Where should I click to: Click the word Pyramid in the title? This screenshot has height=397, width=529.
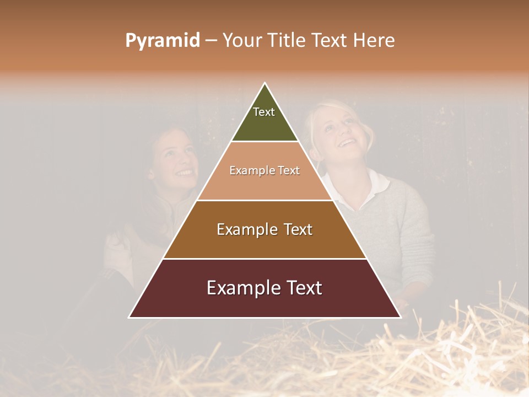(x=162, y=41)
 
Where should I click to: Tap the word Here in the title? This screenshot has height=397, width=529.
(x=374, y=41)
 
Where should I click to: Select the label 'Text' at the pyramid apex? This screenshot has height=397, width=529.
(x=264, y=112)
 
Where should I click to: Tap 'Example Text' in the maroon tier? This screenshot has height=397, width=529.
(x=264, y=288)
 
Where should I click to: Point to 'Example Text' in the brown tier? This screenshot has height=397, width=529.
(x=264, y=229)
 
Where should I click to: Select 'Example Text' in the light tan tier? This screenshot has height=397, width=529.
(x=264, y=171)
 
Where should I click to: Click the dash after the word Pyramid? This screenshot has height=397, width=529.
(x=211, y=41)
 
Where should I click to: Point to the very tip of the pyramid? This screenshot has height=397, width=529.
(x=265, y=83)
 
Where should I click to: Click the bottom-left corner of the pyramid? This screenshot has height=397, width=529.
(x=129, y=317)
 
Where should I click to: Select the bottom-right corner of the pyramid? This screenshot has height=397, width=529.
(x=400, y=317)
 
